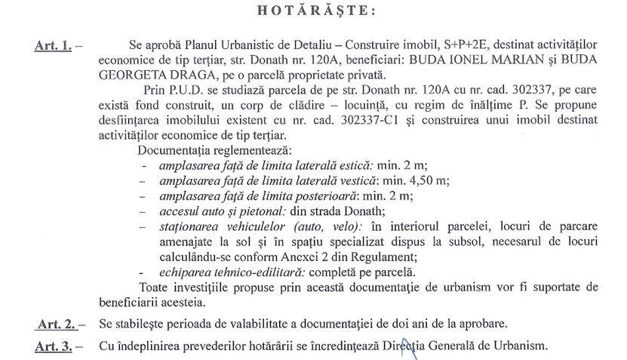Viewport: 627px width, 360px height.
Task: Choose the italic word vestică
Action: [x=358, y=180]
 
